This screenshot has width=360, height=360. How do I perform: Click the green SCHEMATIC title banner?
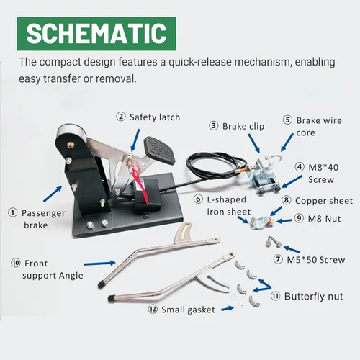(x=96, y=34)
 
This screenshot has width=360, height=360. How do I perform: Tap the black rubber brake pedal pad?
(x=159, y=150)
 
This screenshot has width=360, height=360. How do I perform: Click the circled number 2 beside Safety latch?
(x=121, y=117)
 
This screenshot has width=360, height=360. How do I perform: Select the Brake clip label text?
(x=243, y=127)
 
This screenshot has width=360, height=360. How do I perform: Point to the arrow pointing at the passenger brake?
(x=53, y=194)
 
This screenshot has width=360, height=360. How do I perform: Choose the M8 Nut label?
(x=324, y=219)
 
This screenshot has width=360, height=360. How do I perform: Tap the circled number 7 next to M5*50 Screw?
(x=278, y=259)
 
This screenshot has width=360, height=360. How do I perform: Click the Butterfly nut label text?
(x=313, y=297)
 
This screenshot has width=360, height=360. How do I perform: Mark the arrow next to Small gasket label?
(x=228, y=309)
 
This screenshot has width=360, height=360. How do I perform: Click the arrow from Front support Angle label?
(x=99, y=264)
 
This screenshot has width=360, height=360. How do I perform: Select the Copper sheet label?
(x=324, y=201)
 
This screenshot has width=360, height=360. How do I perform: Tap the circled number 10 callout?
(x=16, y=263)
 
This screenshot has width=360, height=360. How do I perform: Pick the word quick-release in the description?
(x=200, y=62)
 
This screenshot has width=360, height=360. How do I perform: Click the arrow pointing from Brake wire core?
(x=287, y=143)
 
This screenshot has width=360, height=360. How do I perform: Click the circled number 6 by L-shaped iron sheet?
(x=198, y=199)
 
